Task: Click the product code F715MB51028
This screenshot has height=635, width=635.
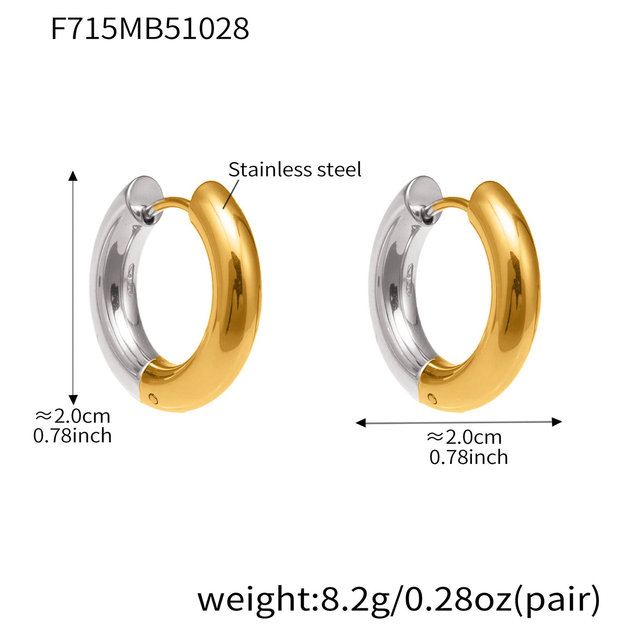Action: pos(150,29)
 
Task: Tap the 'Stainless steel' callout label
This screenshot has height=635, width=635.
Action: pos(294,170)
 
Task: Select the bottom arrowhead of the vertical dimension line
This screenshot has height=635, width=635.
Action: pos(73,399)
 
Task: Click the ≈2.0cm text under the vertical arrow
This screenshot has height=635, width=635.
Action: pos(73,416)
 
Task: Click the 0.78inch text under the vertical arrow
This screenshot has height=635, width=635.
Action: pos(73,436)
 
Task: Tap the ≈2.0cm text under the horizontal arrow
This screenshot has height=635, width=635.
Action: pos(464,437)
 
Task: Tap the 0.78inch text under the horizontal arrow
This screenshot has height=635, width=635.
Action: pos(468,457)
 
